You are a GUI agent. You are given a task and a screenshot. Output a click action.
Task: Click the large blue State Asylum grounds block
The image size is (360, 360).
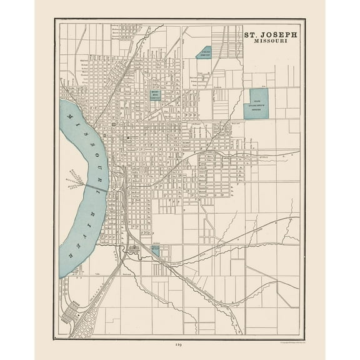pos(256,103)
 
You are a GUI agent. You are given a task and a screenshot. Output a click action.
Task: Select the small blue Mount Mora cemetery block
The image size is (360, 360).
pos(155,95)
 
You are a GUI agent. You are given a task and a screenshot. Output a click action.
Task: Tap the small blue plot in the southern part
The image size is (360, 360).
pos(154,249)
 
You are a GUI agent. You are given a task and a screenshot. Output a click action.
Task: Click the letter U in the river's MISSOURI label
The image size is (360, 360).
pos(95,159)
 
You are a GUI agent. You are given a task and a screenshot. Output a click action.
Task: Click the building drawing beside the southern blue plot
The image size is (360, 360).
pos(136,249)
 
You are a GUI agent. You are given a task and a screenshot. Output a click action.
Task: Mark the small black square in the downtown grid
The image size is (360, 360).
pos(127,137)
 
